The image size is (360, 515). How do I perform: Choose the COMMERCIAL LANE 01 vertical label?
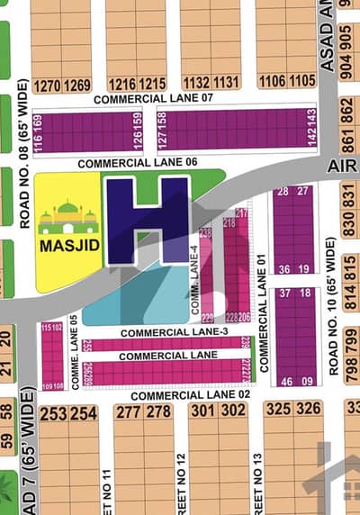(x=264, y=312)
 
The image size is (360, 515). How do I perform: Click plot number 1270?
(x=47, y=86)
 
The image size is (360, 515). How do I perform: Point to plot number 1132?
(x=195, y=83)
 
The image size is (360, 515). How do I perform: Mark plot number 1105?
(x=301, y=82)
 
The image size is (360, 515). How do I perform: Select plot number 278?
(x=158, y=412)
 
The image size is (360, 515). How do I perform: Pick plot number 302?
(x=234, y=411)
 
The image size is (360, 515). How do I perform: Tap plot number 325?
(x=278, y=410)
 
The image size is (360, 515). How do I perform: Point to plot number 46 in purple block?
(x=284, y=382)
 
